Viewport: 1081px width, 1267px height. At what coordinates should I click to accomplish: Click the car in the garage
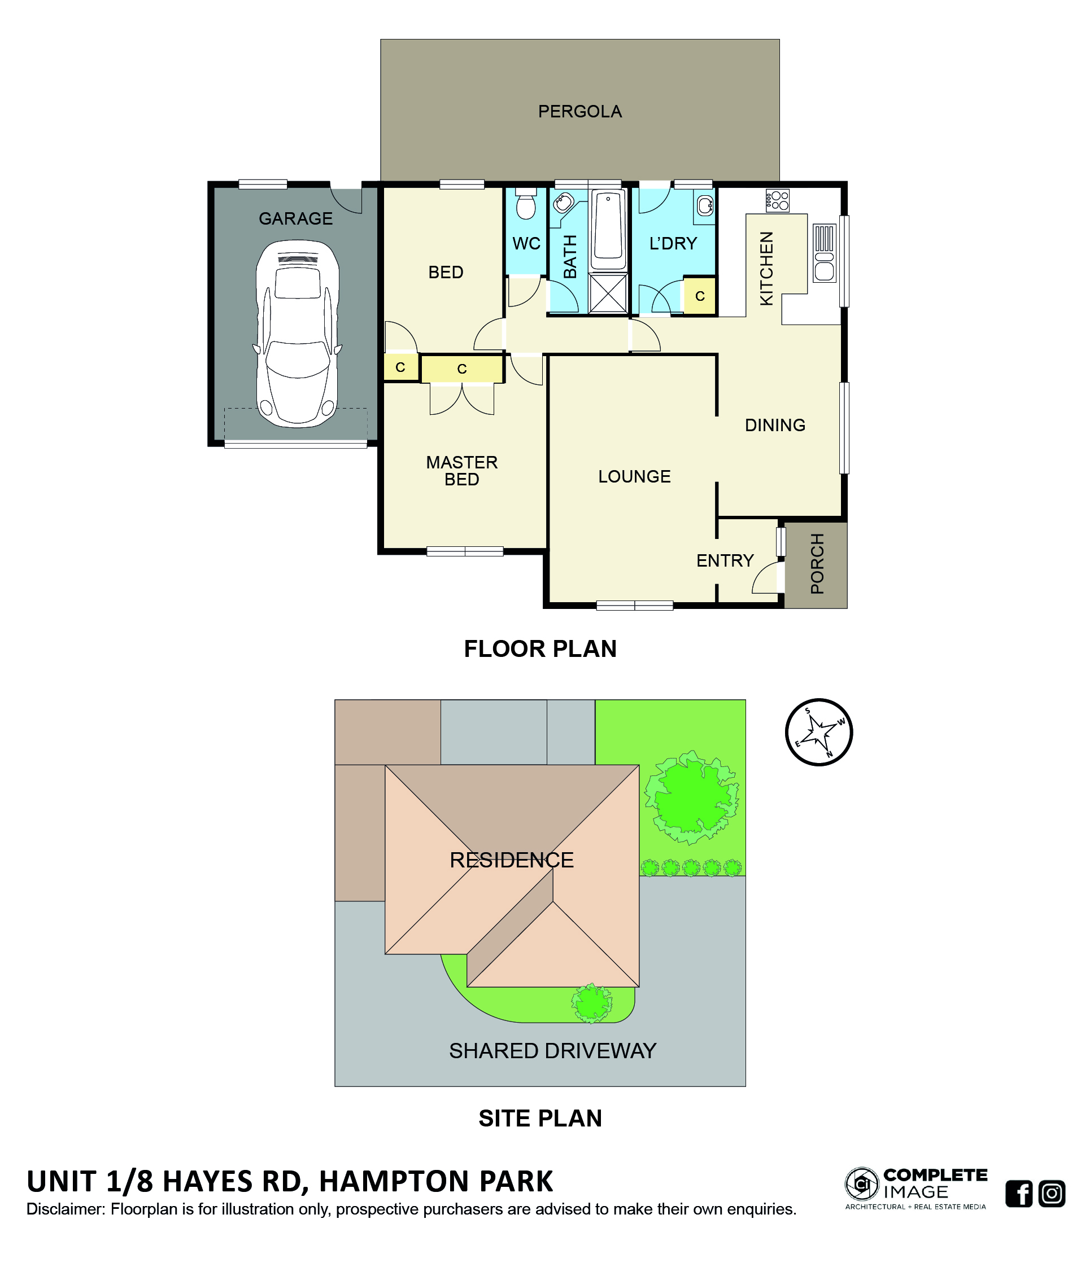[297, 334]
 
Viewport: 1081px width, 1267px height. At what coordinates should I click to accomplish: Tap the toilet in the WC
[525, 204]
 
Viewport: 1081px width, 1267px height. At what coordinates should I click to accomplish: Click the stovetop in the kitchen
[777, 200]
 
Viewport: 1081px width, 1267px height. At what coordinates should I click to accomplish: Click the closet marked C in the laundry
[699, 296]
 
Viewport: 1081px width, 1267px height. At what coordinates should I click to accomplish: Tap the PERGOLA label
[579, 111]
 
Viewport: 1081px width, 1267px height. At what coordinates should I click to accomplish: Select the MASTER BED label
[462, 470]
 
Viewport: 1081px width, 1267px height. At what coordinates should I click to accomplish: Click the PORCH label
[817, 563]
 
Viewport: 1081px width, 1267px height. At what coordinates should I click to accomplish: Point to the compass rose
[818, 731]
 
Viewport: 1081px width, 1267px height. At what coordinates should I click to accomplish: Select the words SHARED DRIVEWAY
[552, 1050]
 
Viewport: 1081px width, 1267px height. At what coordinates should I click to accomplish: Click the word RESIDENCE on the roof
[512, 860]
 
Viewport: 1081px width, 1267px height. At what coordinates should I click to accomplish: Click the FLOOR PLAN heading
[540, 649]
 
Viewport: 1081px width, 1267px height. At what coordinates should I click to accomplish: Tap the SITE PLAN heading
[540, 1118]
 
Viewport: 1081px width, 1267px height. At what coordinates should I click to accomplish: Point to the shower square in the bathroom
[608, 293]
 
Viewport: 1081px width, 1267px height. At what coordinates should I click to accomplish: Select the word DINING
[774, 425]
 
